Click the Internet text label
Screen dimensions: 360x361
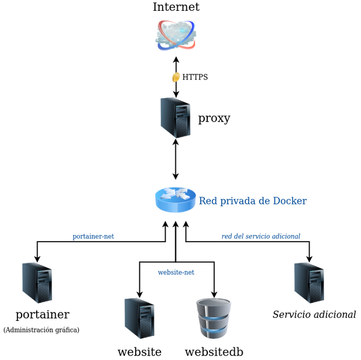click(x=176, y=8)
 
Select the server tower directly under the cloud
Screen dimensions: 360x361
click(x=175, y=117)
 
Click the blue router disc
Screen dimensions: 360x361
click(x=175, y=199)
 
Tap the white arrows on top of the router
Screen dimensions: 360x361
click(x=175, y=193)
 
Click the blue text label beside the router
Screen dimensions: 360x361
click(x=253, y=201)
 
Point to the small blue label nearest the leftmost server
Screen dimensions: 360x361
click(x=93, y=236)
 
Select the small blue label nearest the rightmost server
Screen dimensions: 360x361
click(x=261, y=236)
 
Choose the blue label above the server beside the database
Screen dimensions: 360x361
click(x=175, y=272)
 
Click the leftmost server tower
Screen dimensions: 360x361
click(x=37, y=282)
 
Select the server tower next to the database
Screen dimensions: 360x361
click(x=139, y=318)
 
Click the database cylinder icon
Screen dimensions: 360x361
click(x=214, y=319)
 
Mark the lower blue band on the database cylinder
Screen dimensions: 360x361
click(x=214, y=331)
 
